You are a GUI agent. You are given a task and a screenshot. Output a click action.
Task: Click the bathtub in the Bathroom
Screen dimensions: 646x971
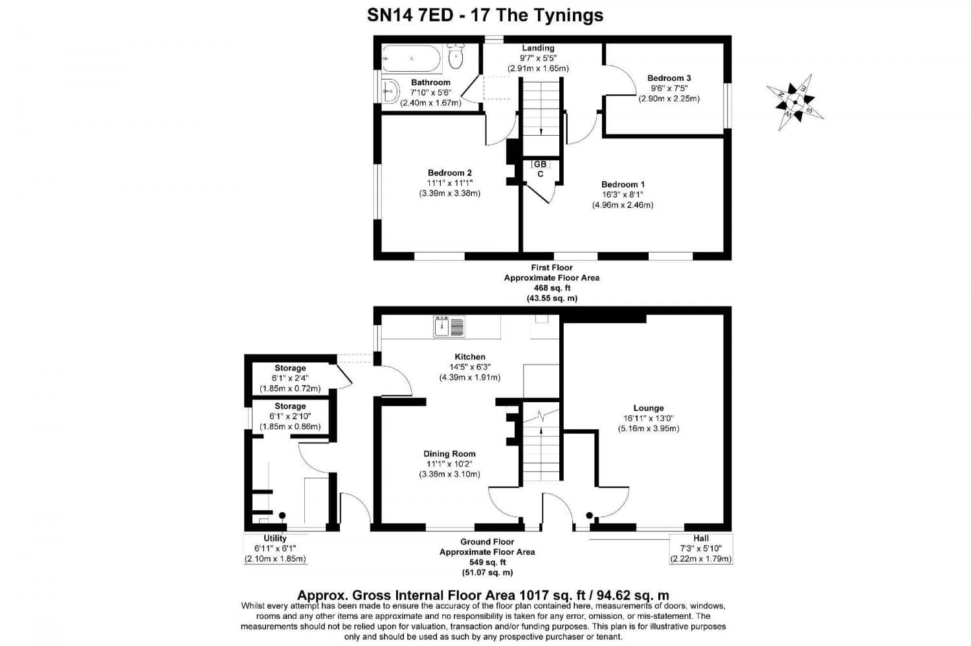pos(410,59)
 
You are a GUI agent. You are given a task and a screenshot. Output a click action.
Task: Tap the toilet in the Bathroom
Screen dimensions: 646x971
pos(456,58)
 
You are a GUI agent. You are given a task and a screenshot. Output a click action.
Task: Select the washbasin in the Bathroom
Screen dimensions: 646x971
pos(390,92)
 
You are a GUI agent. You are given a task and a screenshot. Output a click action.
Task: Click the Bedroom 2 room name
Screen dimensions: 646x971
pos(449,173)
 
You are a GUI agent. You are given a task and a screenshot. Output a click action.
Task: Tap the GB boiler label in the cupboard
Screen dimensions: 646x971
pos(540,164)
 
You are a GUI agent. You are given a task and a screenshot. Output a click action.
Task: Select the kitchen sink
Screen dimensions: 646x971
pos(449,327)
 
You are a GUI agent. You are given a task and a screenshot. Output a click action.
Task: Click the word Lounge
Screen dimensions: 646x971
pos(648,408)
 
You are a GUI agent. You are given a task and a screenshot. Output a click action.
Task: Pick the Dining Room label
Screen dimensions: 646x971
pos(449,454)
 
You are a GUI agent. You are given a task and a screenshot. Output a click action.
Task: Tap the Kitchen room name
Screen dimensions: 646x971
pos(470,357)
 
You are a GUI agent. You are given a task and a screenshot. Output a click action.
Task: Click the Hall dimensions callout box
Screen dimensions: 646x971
pos(701,548)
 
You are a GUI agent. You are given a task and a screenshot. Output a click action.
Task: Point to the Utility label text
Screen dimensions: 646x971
pos(275,538)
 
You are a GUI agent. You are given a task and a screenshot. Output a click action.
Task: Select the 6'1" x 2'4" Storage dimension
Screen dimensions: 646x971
pos(290,378)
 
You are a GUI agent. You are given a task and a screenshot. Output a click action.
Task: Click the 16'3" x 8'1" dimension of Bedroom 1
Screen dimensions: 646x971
pos(623,195)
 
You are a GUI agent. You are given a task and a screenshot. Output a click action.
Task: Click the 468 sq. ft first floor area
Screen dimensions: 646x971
pos(552,288)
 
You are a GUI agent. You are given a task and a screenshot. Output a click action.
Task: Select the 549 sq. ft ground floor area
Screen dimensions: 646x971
pos(487,563)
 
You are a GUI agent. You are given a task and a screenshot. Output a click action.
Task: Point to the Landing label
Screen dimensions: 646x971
pos(538,48)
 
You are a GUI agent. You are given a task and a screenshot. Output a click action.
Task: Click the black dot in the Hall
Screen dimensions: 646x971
pos(589,515)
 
